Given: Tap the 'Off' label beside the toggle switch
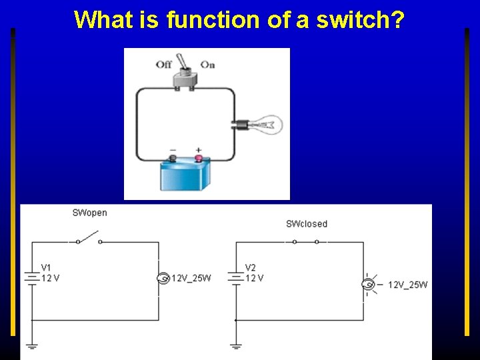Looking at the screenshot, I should pyautogui.click(x=164, y=65).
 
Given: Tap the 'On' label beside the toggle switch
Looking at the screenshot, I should pyautogui.click(x=207, y=65).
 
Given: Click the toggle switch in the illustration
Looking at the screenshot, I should pyautogui.click(x=185, y=77).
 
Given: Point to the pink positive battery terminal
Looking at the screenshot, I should pyautogui.click(x=198, y=159).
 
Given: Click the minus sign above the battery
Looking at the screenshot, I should pyautogui.click(x=173, y=150).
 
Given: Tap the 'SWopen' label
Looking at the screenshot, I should pyautogui.click(x=89, y=213).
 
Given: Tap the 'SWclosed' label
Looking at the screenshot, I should pyautogui.click(x=307, y=224).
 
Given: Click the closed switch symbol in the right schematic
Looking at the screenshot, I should pyautogui.click(x=306, y=241).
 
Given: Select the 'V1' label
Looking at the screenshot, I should pyautogui.click(x=46, y=268).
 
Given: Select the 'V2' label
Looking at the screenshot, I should pyautogui.click(x=250, y=268).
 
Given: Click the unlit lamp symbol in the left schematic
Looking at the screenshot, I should pyautogui.click(x=161, y=278).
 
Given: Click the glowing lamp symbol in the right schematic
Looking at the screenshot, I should pyautogui.click(x=367, y=285).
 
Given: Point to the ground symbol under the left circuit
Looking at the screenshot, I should pyautogui.click(x=31, y=345).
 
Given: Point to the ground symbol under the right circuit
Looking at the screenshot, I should pyautogui.click(x=235, y=345).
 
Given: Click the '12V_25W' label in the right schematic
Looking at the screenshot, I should pyautogui.click(x=407, y=285).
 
